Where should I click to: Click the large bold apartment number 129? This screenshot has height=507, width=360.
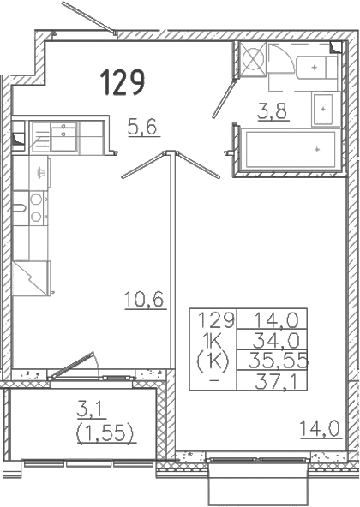(122, 82)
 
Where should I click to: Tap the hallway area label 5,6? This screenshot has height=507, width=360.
(142, 127)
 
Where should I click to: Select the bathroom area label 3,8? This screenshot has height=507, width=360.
(273, 111)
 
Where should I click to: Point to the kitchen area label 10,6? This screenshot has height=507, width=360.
(144, 299)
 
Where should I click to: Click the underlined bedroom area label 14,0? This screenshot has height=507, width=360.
(320, 428)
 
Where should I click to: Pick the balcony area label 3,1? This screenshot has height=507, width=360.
(89, 409)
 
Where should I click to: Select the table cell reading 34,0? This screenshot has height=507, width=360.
(275, 341)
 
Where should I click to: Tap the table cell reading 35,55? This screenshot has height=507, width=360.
(278, 361)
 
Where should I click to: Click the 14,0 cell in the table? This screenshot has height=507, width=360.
(276, 320)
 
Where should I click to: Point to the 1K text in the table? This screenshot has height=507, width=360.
(212, 341)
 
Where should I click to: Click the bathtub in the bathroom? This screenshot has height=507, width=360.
(290, 149)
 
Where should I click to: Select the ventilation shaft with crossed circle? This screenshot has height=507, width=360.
(253, 59)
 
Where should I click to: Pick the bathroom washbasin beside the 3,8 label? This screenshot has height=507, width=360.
(323, 110)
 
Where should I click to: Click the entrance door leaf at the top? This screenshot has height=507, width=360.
(88, 16)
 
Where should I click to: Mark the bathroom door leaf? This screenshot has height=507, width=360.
(224, 98)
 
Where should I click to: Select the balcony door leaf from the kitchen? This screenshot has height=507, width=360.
(72, 365)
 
